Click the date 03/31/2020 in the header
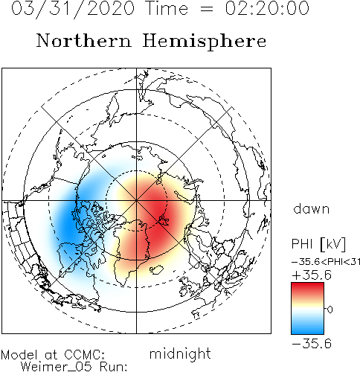[73, 9]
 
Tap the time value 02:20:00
[267, 8]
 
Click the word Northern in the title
[84, 41]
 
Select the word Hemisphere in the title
[205, 42]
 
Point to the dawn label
[312, 209]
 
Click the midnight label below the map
[180, 354]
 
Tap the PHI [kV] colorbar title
[318, 244]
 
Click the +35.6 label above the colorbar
[312, 275]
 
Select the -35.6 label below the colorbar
[312, 344]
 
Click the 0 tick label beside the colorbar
[330, 310]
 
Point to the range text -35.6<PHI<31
[326, 262]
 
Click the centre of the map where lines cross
[136, 200]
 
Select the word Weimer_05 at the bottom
[57, 367]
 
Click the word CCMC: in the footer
[84, 355]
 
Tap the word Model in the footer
[19, 355]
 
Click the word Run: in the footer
[113, 367]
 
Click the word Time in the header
[167, 8]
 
